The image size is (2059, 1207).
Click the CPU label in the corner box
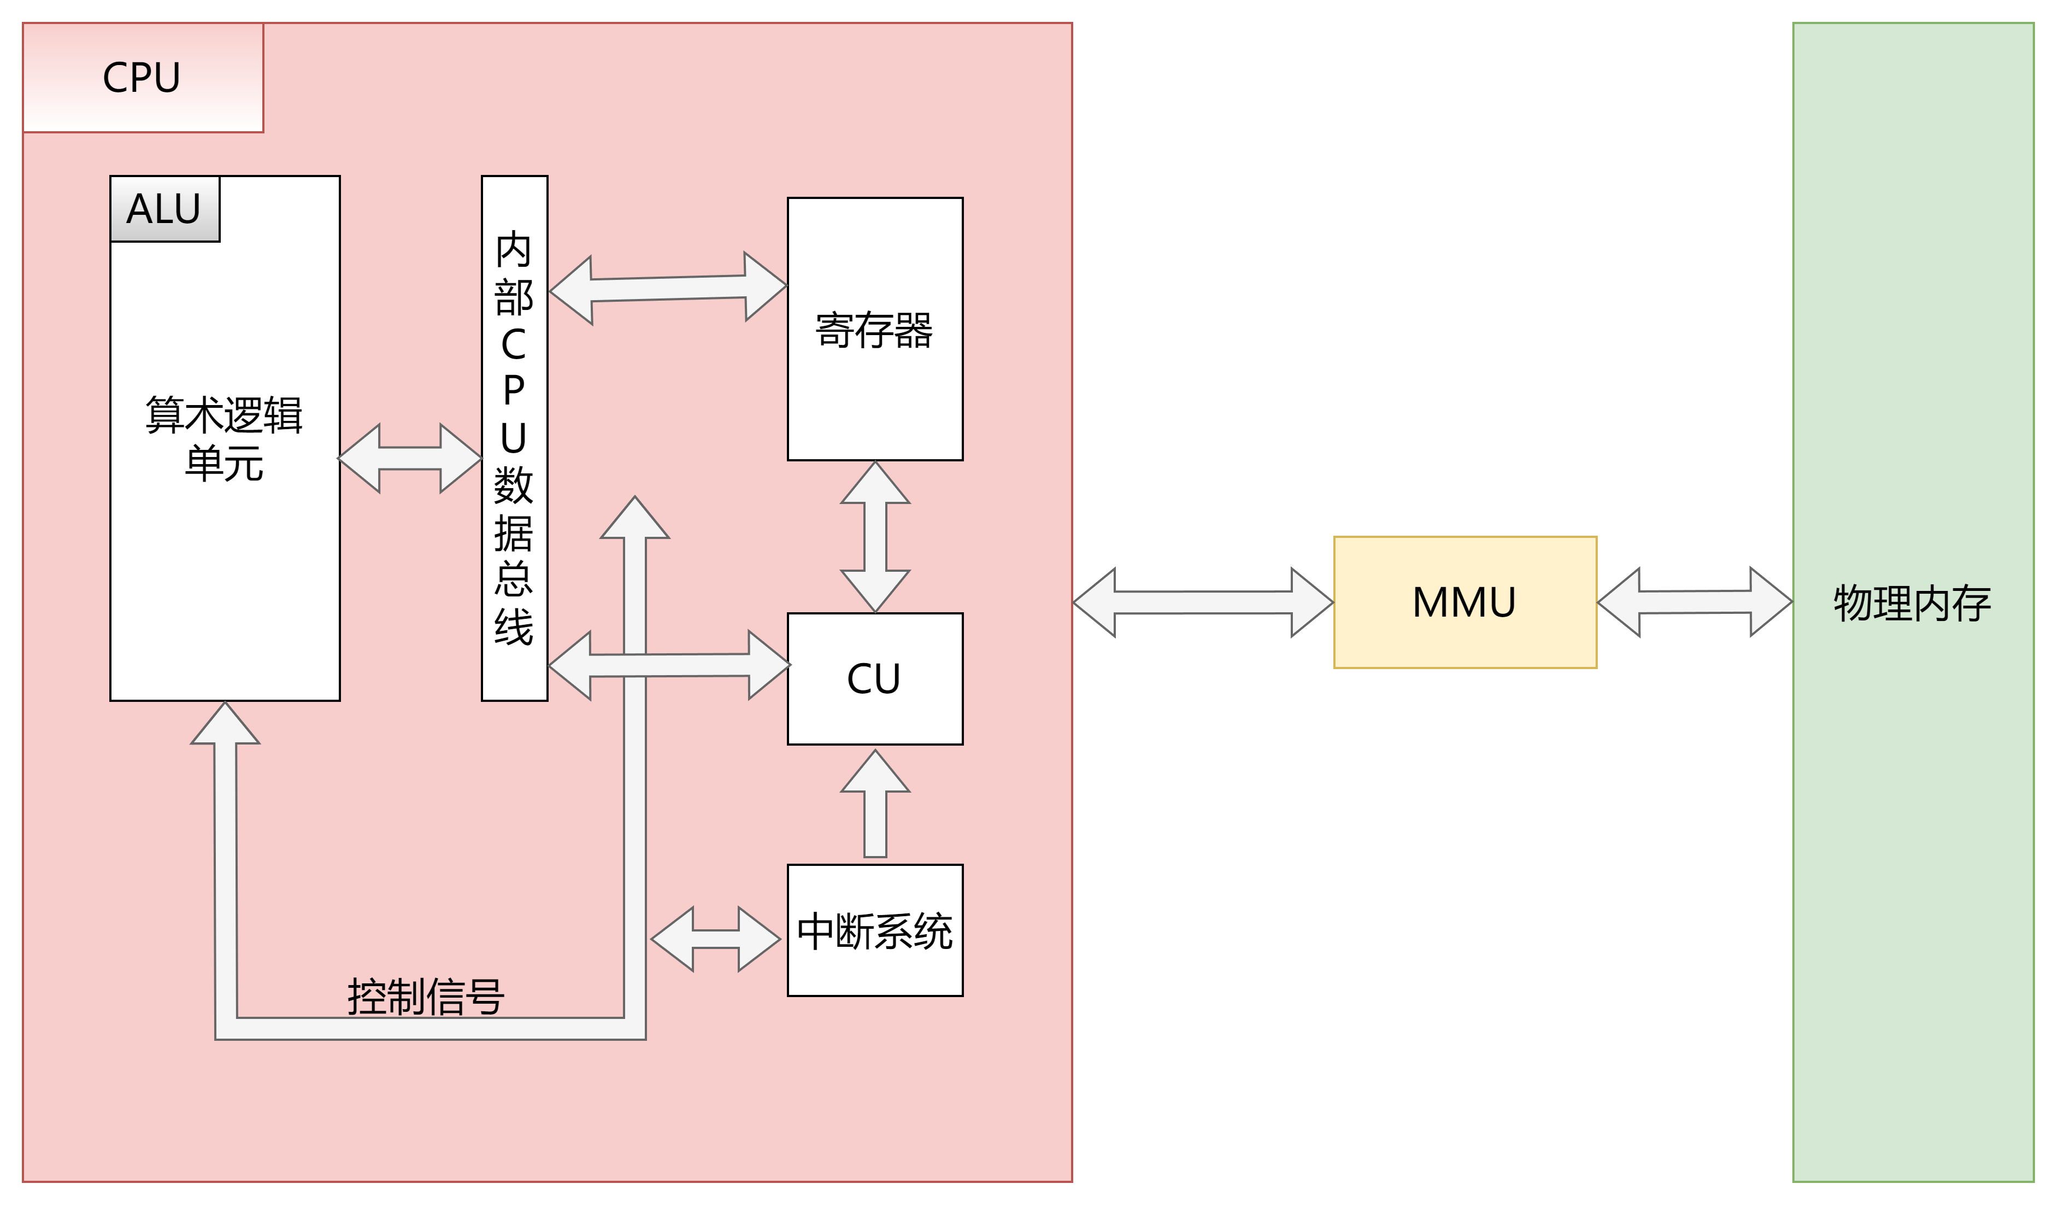click(142, 78)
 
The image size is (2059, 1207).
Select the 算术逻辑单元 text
click(224, 439)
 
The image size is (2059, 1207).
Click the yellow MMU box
click(1464, 602)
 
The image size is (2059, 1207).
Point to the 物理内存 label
click(1912, 603)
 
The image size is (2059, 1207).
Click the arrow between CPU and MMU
click(1203, 602)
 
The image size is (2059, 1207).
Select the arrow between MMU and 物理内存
click(1695, 602)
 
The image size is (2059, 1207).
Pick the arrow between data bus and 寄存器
click(668, 289)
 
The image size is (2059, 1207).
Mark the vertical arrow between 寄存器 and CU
click(875, 537)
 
